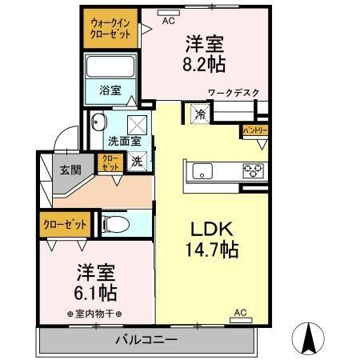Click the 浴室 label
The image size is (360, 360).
[110, 90]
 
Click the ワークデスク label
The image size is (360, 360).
[234, 94]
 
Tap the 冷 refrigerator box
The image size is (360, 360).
[198, 114]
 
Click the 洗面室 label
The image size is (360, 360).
[125, 141]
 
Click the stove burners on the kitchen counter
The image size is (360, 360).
[253, 170]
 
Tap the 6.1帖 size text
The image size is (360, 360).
[95, 291]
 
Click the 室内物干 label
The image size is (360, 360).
[95, 314]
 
